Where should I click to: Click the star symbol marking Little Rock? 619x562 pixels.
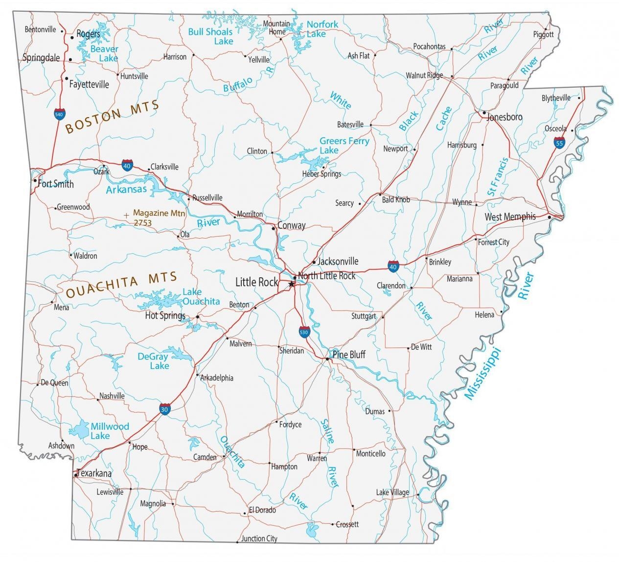tap(292, 284)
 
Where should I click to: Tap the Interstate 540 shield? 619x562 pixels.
tap(59, 114)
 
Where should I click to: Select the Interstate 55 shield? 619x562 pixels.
tap(559, 143)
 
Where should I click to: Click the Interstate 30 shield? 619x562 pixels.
tap(165, 409)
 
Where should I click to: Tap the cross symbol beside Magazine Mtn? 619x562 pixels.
tap(127, 215)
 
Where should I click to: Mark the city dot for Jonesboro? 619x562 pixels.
tap(484, 113)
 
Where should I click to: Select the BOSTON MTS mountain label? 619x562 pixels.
tap(112, 117)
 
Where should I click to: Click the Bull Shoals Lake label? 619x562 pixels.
tap(210, 36)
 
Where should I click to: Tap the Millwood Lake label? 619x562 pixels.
tap(110, 431)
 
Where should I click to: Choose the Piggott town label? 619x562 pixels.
tap(543, 34)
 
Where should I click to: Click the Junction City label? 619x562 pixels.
tap(259, 538)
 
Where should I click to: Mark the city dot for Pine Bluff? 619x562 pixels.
tap(327, 360)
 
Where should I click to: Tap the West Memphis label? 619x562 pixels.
tap(510, 217)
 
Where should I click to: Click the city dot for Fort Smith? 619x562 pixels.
tap(35, 180)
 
